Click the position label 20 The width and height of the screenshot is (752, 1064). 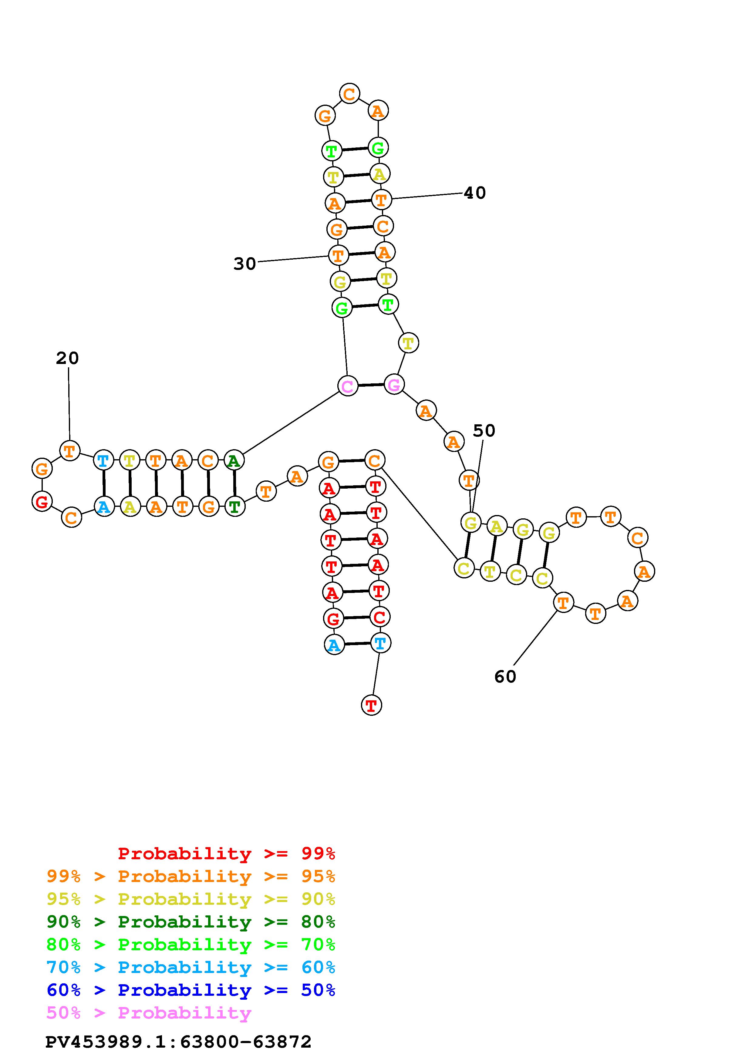(x=68, y=358)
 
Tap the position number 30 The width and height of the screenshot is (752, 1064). (x=244, y=264)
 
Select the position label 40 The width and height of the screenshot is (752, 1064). (x=475, y=193)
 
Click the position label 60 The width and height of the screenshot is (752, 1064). (x=505, y=677)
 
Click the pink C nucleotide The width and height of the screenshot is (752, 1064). (x=348, y=386)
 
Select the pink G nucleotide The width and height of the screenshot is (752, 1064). (x=394, y=384)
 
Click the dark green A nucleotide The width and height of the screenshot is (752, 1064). (x=234, y=461)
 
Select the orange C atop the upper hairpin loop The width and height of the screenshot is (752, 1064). (x=349, y=94)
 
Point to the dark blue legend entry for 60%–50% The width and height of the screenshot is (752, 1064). (x=191, y=990)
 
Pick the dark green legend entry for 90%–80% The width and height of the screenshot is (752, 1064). (x=191, y=922)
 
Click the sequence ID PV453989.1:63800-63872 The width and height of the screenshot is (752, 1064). (x=178, y=1042)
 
